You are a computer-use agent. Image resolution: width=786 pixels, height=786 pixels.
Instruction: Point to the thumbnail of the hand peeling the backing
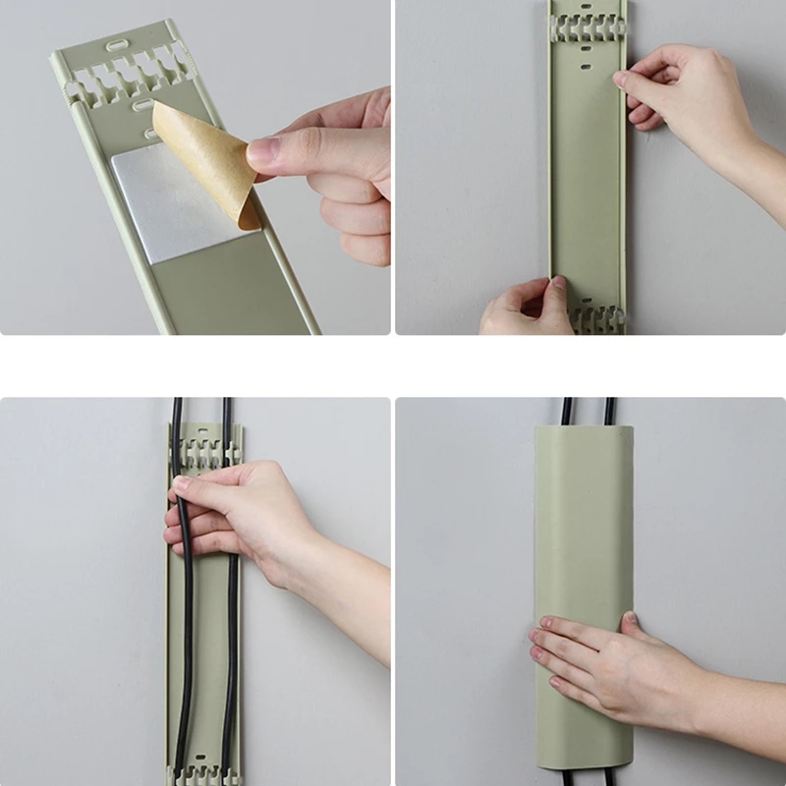coord(263,153)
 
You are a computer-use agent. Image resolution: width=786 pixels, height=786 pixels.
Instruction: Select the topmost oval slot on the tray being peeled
coord(117,46)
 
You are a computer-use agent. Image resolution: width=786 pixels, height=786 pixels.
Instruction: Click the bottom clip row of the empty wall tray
coord(588,317)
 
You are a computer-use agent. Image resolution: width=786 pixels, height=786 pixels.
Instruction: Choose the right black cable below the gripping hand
coord(232,668)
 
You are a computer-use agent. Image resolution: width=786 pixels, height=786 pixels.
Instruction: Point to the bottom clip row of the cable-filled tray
coord(202,761)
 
